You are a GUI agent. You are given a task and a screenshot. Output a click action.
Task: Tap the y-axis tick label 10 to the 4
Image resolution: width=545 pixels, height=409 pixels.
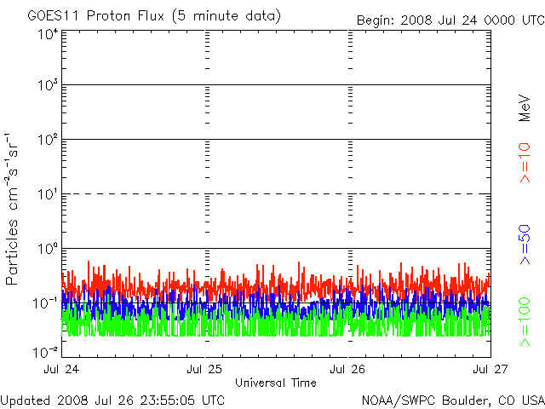(49, 34)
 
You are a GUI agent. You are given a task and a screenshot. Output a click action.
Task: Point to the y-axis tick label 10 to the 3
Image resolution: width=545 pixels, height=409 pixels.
(49, 85)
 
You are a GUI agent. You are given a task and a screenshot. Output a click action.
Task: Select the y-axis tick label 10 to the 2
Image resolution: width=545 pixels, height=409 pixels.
(49, 140)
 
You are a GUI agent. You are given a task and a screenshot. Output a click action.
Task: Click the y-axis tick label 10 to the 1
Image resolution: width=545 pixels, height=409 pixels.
(49, 194)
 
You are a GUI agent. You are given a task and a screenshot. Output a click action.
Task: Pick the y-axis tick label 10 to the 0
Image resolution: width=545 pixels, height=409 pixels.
(49, 249)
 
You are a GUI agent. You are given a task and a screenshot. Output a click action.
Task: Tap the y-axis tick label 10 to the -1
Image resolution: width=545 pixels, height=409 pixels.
(45, 303)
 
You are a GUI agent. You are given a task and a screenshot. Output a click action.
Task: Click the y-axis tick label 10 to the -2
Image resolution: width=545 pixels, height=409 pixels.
(45, 352)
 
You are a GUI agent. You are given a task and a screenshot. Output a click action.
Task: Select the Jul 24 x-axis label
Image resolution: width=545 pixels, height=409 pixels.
(61, 369)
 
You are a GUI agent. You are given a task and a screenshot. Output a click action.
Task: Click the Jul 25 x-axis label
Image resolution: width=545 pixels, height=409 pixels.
(204, 369)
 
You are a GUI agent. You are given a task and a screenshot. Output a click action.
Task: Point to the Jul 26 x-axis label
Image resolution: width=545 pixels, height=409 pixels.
(347, 369)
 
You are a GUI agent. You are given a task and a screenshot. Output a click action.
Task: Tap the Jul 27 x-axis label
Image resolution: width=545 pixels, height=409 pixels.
(490, 369)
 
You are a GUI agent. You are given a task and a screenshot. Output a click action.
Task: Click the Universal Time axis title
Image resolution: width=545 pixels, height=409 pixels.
(276, 383)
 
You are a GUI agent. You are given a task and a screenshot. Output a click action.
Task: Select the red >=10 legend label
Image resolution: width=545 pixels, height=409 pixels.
(525, 163)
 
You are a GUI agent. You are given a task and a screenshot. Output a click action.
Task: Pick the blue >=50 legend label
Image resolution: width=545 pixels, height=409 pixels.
(525, 245)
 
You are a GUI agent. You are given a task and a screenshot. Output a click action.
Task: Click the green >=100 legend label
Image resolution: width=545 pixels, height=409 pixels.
(525, 322)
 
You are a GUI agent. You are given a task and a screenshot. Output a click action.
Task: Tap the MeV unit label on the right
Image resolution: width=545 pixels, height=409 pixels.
(525, 108)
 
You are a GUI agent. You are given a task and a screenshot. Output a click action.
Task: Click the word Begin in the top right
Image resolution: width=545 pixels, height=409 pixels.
(376, 20)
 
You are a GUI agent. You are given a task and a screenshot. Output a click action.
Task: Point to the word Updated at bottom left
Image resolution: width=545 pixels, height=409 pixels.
(26, 400)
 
